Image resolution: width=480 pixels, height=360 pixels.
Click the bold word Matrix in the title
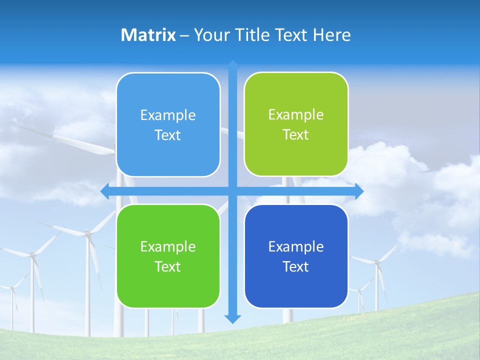(148, 35)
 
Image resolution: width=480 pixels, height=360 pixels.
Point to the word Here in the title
(331, 35)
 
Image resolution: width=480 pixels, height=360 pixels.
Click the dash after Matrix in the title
(184, 35)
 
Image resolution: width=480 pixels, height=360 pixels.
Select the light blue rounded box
(168, 124)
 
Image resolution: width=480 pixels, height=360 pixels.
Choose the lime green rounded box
(296, 124)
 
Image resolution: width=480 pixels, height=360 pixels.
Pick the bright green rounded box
(168, 256)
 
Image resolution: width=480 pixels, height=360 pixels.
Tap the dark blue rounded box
(296, 256)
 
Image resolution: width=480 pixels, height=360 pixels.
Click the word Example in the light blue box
(168, 115)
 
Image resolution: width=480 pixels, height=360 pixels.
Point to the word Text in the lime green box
(296, 135)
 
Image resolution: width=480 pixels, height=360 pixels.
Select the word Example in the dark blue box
(296, 246)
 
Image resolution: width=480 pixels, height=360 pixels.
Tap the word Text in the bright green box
(168, 266)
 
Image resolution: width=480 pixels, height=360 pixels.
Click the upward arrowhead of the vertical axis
(232, 65)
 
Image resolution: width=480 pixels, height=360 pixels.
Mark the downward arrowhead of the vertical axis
(232, 318)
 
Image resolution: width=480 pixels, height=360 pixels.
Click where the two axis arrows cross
(232, 191)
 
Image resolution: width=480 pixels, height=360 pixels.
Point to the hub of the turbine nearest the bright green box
(87, 232)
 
